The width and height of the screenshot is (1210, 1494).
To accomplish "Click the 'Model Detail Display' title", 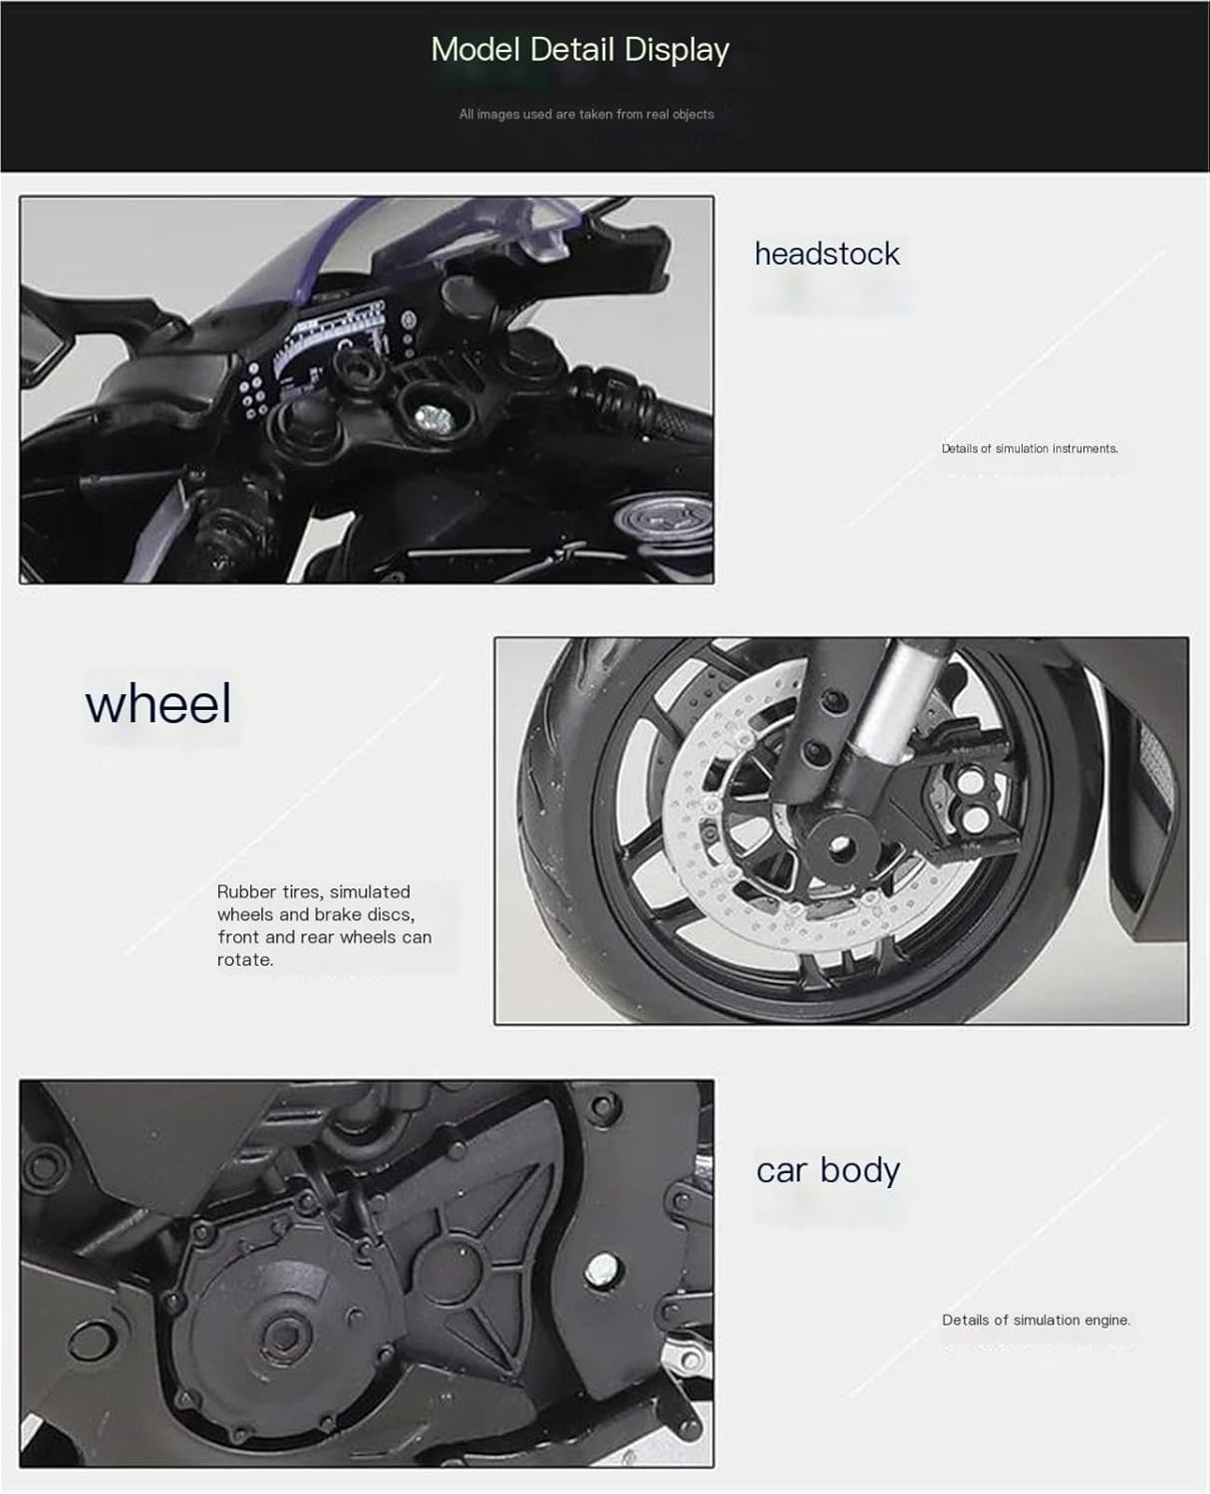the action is (580, 51).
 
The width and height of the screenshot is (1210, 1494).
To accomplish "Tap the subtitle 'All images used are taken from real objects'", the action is (586, 115).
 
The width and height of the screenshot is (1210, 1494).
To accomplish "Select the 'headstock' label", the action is (827, 254).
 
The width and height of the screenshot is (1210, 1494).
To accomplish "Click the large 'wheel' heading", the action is (157, 703).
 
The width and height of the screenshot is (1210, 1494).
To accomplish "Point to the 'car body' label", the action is (827, 1170).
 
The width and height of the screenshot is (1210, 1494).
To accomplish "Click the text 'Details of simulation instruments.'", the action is (1030, 449).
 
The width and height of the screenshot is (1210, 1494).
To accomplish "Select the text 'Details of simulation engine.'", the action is (1036, 1320).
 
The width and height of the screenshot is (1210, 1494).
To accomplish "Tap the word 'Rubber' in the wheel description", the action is (246, 891).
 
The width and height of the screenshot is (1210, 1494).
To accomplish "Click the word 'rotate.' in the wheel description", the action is (245, 960).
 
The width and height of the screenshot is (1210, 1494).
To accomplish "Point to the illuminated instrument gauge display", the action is (337, 344).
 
